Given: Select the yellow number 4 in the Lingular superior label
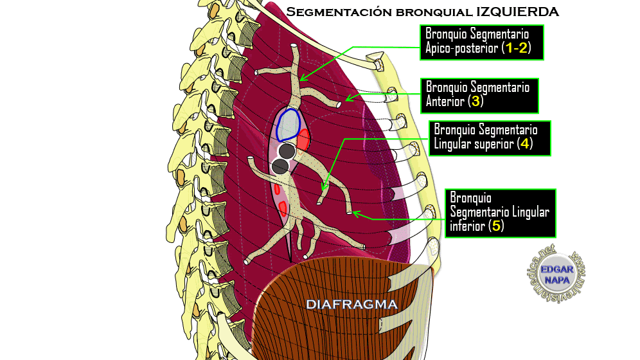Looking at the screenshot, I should click(525, 143).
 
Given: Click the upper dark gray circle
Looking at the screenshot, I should click(287, 152).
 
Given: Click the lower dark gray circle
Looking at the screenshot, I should click(280, 167).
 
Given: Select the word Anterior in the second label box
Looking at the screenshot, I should click(446, 102).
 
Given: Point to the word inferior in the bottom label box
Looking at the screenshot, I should click(467, 226).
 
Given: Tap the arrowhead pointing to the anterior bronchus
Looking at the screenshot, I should click(348, 99).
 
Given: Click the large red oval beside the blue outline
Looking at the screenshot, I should click(303, 138).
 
